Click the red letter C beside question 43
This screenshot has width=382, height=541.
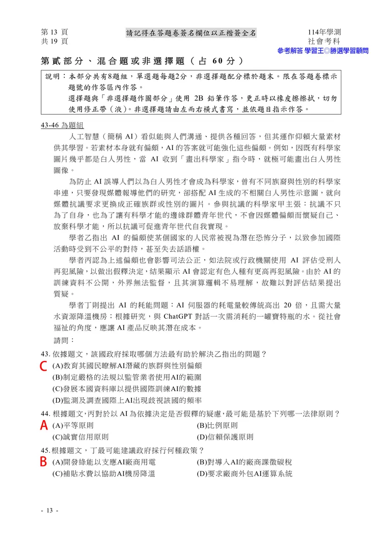(x=44, y=366)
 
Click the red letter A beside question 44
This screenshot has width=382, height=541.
(x=44, y=425)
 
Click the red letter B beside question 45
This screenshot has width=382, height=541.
(x=44, y=462)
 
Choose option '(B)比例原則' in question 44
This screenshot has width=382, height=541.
(x=216, y=425)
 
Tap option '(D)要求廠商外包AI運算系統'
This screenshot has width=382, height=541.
(x=244, y=474)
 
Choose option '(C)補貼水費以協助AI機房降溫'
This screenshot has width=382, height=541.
(x=103, y=474)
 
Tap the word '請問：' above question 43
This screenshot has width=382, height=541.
(x=64, y=340)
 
